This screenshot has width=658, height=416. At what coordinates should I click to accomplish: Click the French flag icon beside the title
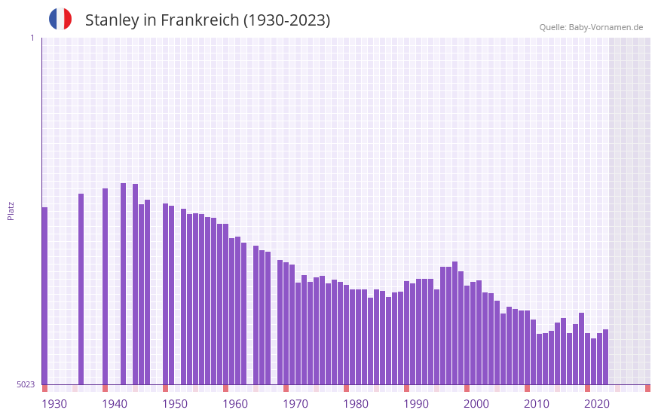point(60,20)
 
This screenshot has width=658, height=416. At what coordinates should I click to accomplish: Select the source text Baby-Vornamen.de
point(606,27)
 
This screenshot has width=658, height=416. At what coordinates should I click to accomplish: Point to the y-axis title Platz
point(11,210)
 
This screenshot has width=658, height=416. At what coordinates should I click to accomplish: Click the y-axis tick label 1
point(32,38)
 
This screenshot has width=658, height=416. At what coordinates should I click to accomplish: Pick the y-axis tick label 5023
point(26,384)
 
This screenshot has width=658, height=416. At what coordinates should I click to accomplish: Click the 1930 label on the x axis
point(54,404)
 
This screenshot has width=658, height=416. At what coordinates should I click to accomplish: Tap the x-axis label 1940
point(115,404)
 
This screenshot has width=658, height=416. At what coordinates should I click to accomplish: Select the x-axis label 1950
point(175,404)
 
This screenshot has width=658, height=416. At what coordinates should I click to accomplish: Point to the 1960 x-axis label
point(235,404)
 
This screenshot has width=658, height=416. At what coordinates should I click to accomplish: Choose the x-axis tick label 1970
point(295,404)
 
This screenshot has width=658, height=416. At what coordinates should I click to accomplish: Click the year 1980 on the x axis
point(356,404)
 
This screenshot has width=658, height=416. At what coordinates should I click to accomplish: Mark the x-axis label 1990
point(416,404)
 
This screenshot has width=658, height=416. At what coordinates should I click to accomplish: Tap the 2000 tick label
point(476,404)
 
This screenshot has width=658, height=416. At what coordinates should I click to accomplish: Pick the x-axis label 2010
point(537,404)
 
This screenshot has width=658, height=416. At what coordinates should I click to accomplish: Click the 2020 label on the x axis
point(597,404)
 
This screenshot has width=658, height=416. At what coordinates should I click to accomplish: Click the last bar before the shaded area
point(605,356)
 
